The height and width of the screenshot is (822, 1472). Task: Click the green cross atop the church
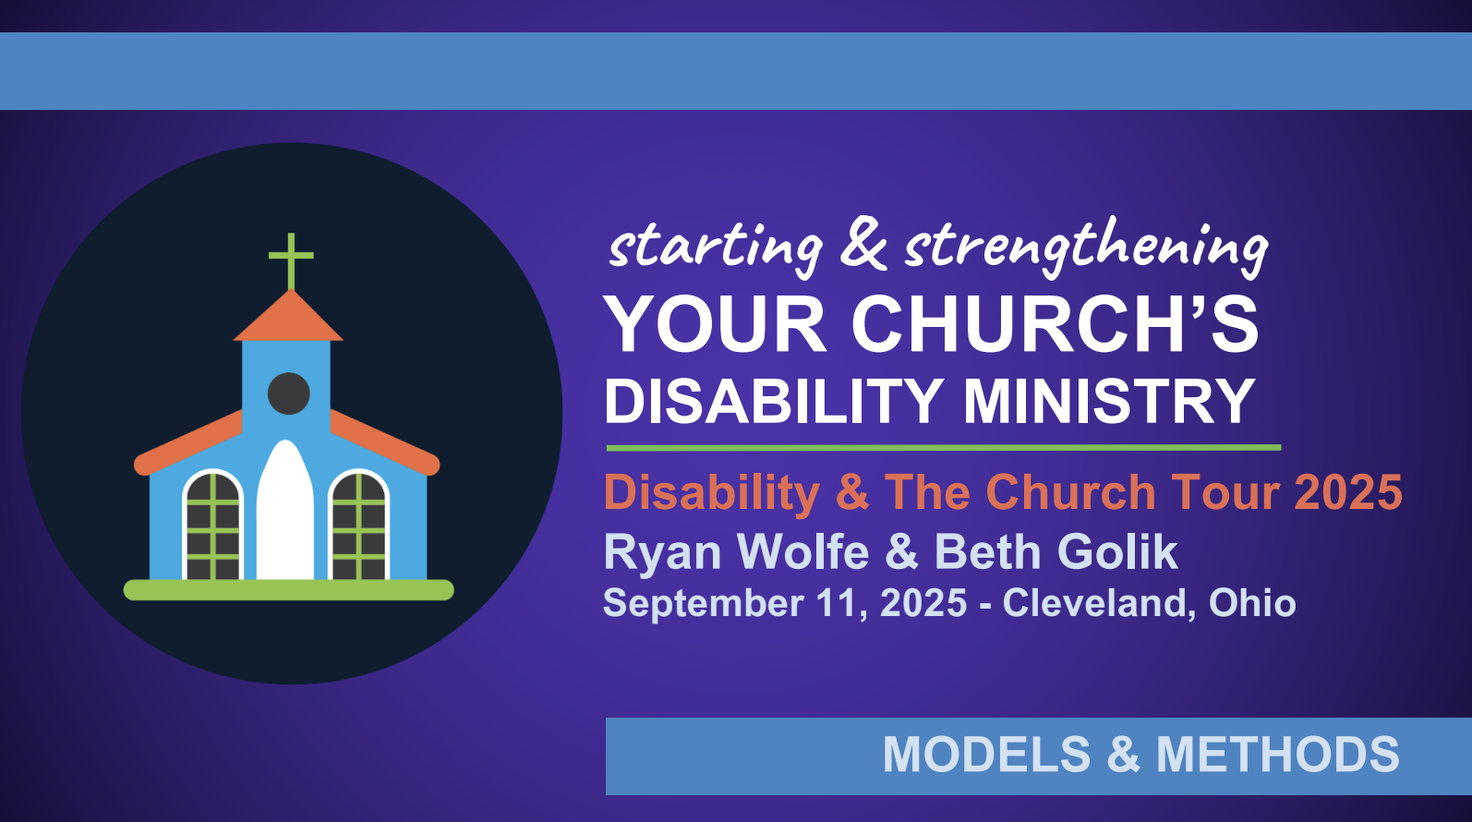coord(291,260)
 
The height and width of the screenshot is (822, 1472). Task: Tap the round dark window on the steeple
coord(288,393)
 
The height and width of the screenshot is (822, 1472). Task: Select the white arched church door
coord(284,510)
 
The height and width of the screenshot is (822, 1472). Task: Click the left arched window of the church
coord(213,525)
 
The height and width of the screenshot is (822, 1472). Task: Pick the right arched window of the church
coord(359,525)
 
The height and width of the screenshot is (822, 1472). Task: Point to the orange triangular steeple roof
coord(288,315)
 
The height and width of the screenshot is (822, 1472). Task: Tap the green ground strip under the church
coord(288,589)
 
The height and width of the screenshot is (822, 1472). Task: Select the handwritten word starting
coord(716,248)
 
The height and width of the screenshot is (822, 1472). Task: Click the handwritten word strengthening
coord(1086,247)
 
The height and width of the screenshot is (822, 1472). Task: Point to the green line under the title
coord(944,448)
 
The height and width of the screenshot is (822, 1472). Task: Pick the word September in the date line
coord(703,604)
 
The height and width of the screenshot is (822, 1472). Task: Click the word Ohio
coord(1252,602)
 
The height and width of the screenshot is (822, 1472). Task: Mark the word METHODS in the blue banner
coord(1277,754)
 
